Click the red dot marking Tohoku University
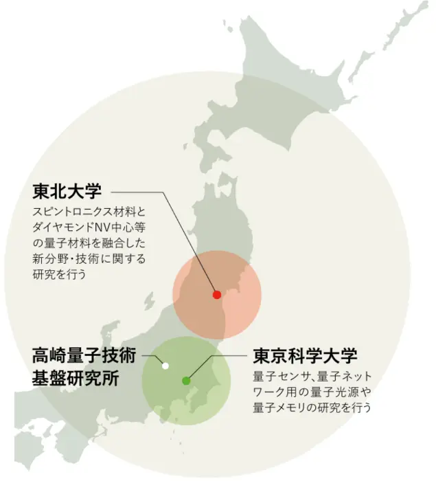pyautogui.click(x=217, y=295)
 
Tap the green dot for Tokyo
pyautogui.click(x=186, y=380)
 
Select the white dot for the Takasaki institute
pyautogui.click(x=165, y=366)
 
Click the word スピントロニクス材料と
pyautogui.click(x=89, y=213)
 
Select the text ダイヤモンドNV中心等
pyautogui.click(x=89, y=228)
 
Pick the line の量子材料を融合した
pyautogui.click(x=89, y=244)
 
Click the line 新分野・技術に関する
pyautogui.click(x=89, y=259)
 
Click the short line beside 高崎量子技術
pyautogui.click(x=148, y=356)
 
